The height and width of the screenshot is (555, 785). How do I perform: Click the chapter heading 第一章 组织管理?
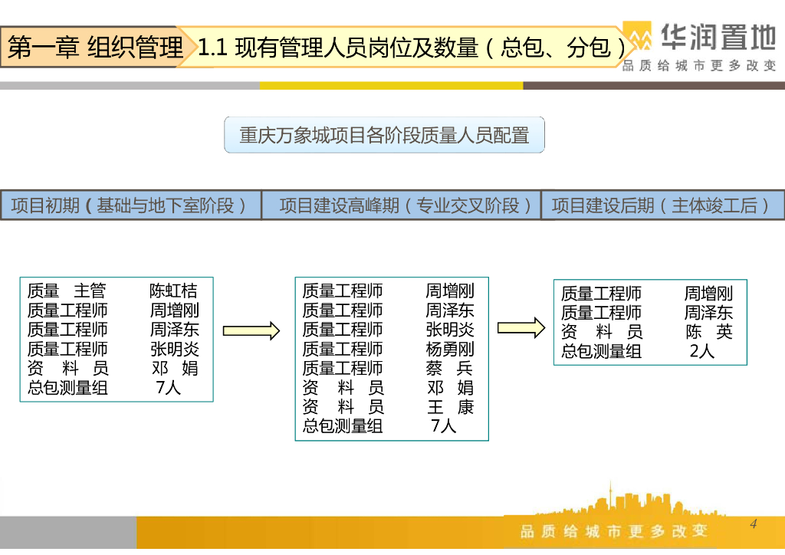coord(95,48)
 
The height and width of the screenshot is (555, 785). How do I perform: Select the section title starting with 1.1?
coord(412,48)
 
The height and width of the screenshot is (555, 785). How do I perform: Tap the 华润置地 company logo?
coord(700,45)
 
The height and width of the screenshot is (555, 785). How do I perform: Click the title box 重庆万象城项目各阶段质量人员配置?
coord(384,136)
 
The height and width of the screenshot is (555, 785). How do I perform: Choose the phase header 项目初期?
coord(130,205)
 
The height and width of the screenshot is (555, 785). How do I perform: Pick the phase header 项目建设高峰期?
coord(401,205)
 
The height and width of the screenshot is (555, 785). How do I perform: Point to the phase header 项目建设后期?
coord(663,205)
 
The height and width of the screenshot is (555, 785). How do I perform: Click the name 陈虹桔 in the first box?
coord(173,291)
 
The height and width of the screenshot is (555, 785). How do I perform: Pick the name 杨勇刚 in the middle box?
coord(450,349)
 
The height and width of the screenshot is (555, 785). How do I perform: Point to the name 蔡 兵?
coord(450,368)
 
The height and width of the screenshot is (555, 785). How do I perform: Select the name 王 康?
coord(450,406)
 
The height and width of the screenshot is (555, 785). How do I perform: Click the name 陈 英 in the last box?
coord(709,332)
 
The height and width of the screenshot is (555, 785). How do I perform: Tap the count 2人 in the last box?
coord(701,351)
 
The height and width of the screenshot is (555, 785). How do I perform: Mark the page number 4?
coord(754,524)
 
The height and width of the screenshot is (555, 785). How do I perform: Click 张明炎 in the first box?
coord(175,349)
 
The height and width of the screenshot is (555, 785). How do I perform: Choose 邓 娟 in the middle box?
coord(450,387)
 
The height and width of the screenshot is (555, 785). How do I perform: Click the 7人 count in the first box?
coord(168,387)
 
